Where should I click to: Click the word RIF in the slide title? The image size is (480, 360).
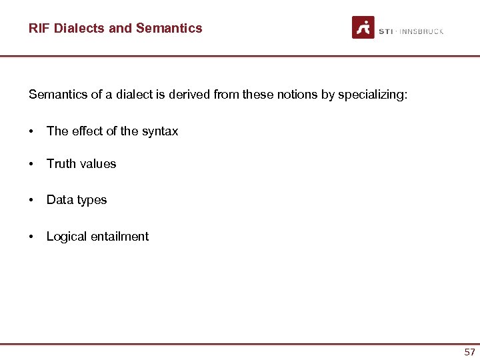(38, 28)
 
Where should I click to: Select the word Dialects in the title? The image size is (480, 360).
(77, 28)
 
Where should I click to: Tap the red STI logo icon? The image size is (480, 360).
(363, 27)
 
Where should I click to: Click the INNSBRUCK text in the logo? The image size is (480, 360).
(421, 31)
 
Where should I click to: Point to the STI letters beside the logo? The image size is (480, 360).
(386, 31)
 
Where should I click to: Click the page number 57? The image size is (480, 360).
(469, 352)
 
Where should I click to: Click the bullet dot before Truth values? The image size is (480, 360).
(32, 164)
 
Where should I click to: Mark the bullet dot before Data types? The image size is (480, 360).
(32, 200)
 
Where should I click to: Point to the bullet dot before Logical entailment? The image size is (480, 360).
(32, 237)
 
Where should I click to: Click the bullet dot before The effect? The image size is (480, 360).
(32, 131)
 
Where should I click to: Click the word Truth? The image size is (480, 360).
(61, 164)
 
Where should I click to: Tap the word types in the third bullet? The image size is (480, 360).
(91, 200)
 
